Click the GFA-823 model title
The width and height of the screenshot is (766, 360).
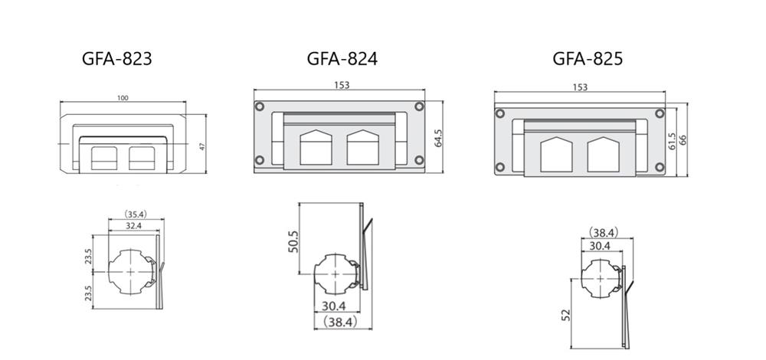coord(116,59)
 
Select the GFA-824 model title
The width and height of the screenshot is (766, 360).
coord(342,59)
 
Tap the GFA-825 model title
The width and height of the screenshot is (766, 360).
coord(588,59)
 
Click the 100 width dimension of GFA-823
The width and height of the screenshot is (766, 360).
coord(123,98)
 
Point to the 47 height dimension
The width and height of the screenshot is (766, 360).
coord(202,145)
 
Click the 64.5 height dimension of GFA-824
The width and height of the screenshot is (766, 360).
coord(438,138)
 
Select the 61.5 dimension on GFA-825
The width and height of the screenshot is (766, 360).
coord(673,141)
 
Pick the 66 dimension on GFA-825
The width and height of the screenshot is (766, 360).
coord(683,139)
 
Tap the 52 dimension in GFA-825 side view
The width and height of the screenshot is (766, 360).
coord(566,315)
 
